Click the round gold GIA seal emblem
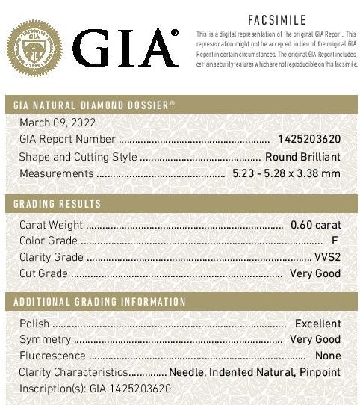[x=35, y=49]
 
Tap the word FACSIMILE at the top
[x=276, y=20]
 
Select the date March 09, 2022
[x=58, y=123]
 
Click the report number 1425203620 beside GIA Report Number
[x=308, y=139]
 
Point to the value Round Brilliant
[x=302, y=157]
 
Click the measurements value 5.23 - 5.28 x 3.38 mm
[x=285, y=174]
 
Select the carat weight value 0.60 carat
[x=315, y=225]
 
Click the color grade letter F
[x=334, y=241]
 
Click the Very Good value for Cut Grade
[x=315, y=273]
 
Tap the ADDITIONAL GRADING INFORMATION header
[x=99, y=302]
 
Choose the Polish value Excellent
[x=317, y=324]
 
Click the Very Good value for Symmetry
[x=315, y=340]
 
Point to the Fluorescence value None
[x=328, y=356]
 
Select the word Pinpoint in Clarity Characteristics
[x=320, y=372]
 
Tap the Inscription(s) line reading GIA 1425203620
[x=95, y=389]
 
